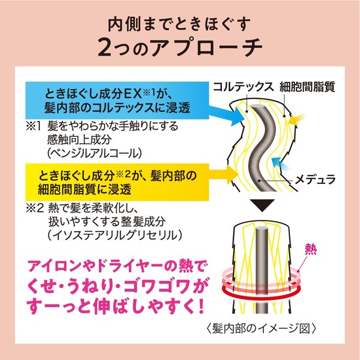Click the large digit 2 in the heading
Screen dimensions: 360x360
tap(105, 47)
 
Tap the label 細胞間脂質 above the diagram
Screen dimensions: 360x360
tap(307, 87)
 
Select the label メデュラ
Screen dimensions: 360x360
tap(315, 179)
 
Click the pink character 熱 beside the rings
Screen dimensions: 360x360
tap(311, 249)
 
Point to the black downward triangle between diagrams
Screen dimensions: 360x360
tap(262, 205)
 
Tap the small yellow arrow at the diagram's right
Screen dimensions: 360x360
tap(297, 119)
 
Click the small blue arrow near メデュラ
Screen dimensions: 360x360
tap(279, 163)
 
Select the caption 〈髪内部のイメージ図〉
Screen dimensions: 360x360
tap(262, 329)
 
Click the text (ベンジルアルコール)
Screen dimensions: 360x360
tap(94, 153)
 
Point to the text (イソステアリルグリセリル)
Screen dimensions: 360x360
tap(115, 236)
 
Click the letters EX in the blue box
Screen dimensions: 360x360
tap(133, 94)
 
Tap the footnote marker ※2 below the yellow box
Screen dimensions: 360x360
tap(35, 209)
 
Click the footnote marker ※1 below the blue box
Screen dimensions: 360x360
tap(34, 126)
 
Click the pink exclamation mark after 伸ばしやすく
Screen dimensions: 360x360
tap(201, 307)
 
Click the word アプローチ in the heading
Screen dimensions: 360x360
tap(207, 47)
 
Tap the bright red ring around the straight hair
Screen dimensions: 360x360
tap(261, 293)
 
